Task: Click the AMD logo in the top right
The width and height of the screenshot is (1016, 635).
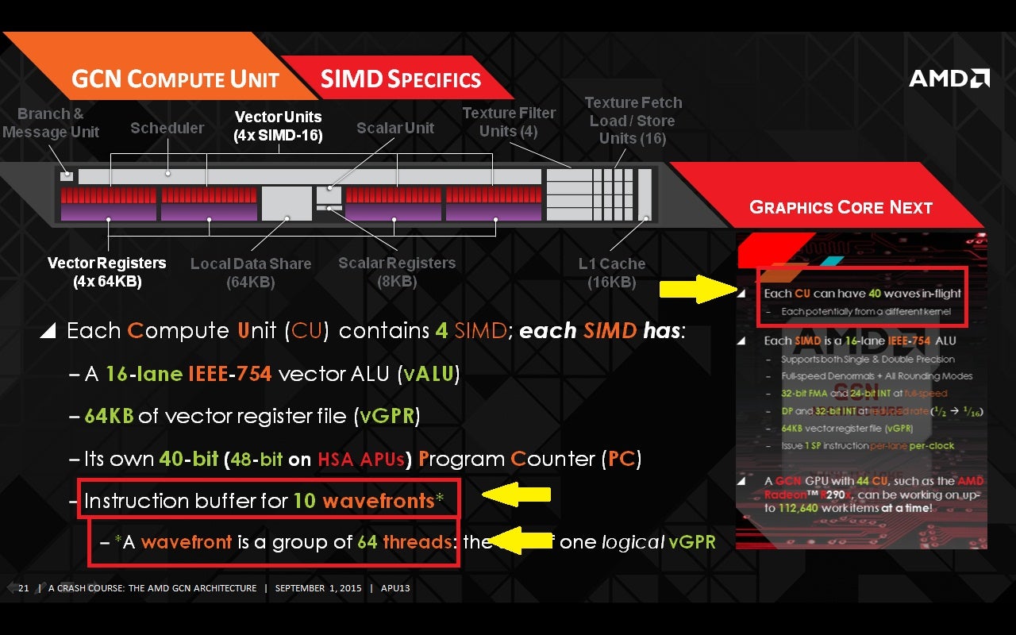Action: point(949,78)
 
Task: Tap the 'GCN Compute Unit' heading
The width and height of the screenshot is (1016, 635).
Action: point(175,79)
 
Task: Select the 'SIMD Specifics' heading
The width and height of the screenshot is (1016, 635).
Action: point(400,79)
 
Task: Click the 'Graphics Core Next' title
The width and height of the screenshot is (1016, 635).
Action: point(841,207)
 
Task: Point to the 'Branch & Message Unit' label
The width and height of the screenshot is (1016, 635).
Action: point(51,123)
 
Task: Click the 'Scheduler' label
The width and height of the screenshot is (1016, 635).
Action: point(167,128)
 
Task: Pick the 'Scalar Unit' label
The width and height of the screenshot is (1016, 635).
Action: point(395,128)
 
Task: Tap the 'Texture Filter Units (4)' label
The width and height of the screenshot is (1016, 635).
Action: point(509,122)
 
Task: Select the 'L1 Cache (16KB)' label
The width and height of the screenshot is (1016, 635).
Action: point(611,272)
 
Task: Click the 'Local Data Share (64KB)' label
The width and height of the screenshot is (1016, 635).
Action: point(250,272)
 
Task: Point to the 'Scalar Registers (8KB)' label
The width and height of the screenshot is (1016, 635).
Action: point(397,271)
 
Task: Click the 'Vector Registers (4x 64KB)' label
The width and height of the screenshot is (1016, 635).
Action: point(106,271)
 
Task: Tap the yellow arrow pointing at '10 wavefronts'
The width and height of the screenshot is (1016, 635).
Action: point(517,495)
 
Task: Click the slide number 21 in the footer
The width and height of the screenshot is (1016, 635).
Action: point(23,588)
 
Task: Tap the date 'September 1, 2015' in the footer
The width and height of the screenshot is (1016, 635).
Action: point(317,588)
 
